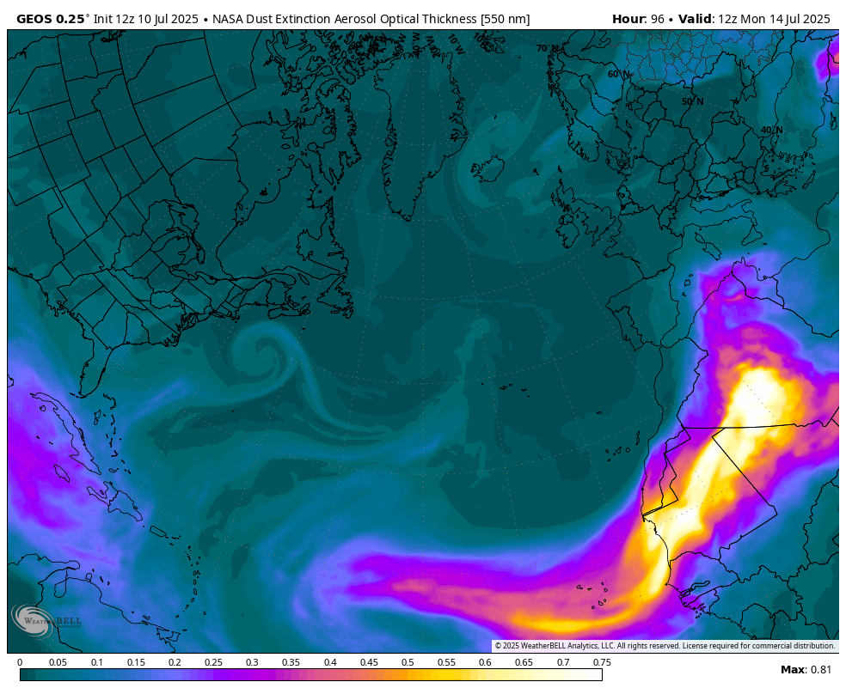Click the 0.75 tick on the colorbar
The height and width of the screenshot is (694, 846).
pyautogui.click(x=602, y=662)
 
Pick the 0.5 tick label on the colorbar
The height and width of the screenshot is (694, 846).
pyautogui.click(x=408, y=662)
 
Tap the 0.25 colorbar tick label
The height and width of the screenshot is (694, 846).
pyautogui.click(x=213, y=662)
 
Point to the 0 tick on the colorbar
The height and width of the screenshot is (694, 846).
pyautogui.click(x=20, y=662)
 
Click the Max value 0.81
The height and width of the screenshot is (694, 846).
pyautogui.click(x=818, y=670)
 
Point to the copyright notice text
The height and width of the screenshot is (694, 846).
pyautogui.click(x=665, y=646)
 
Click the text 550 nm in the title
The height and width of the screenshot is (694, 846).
pyautogui.click(x=502, y=18)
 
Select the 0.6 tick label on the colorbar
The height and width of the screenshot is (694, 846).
pyautogui.click(x=485, y=662)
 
